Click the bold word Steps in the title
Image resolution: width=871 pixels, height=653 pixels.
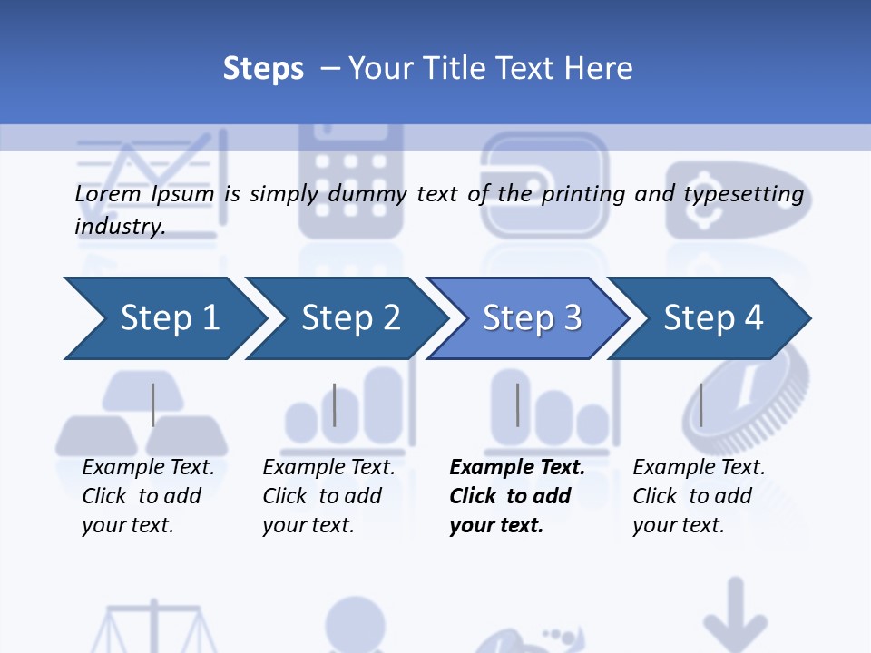[263, 69]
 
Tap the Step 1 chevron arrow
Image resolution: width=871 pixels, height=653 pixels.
[165, 318]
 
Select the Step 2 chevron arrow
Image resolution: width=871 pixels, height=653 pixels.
[347, 318]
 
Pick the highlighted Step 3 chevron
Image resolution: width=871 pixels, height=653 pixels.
[528, 318]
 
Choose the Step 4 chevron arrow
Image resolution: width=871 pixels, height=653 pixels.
[709, 318]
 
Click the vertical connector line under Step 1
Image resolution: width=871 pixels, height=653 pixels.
[152, 404]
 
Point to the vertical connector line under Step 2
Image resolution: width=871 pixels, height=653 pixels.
[335, 404]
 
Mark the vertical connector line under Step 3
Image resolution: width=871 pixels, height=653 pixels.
[518, 404]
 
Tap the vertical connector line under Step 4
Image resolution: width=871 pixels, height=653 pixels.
[701, 404]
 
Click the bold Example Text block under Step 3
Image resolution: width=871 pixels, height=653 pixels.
[517, 496]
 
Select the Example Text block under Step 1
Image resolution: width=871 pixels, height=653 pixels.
[148, 496]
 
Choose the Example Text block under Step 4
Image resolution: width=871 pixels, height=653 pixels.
[699, 496]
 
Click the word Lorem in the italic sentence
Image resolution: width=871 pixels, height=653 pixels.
[108, 194]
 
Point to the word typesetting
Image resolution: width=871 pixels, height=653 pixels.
[744, 195]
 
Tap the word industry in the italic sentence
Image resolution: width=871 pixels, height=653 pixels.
[120, 227]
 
